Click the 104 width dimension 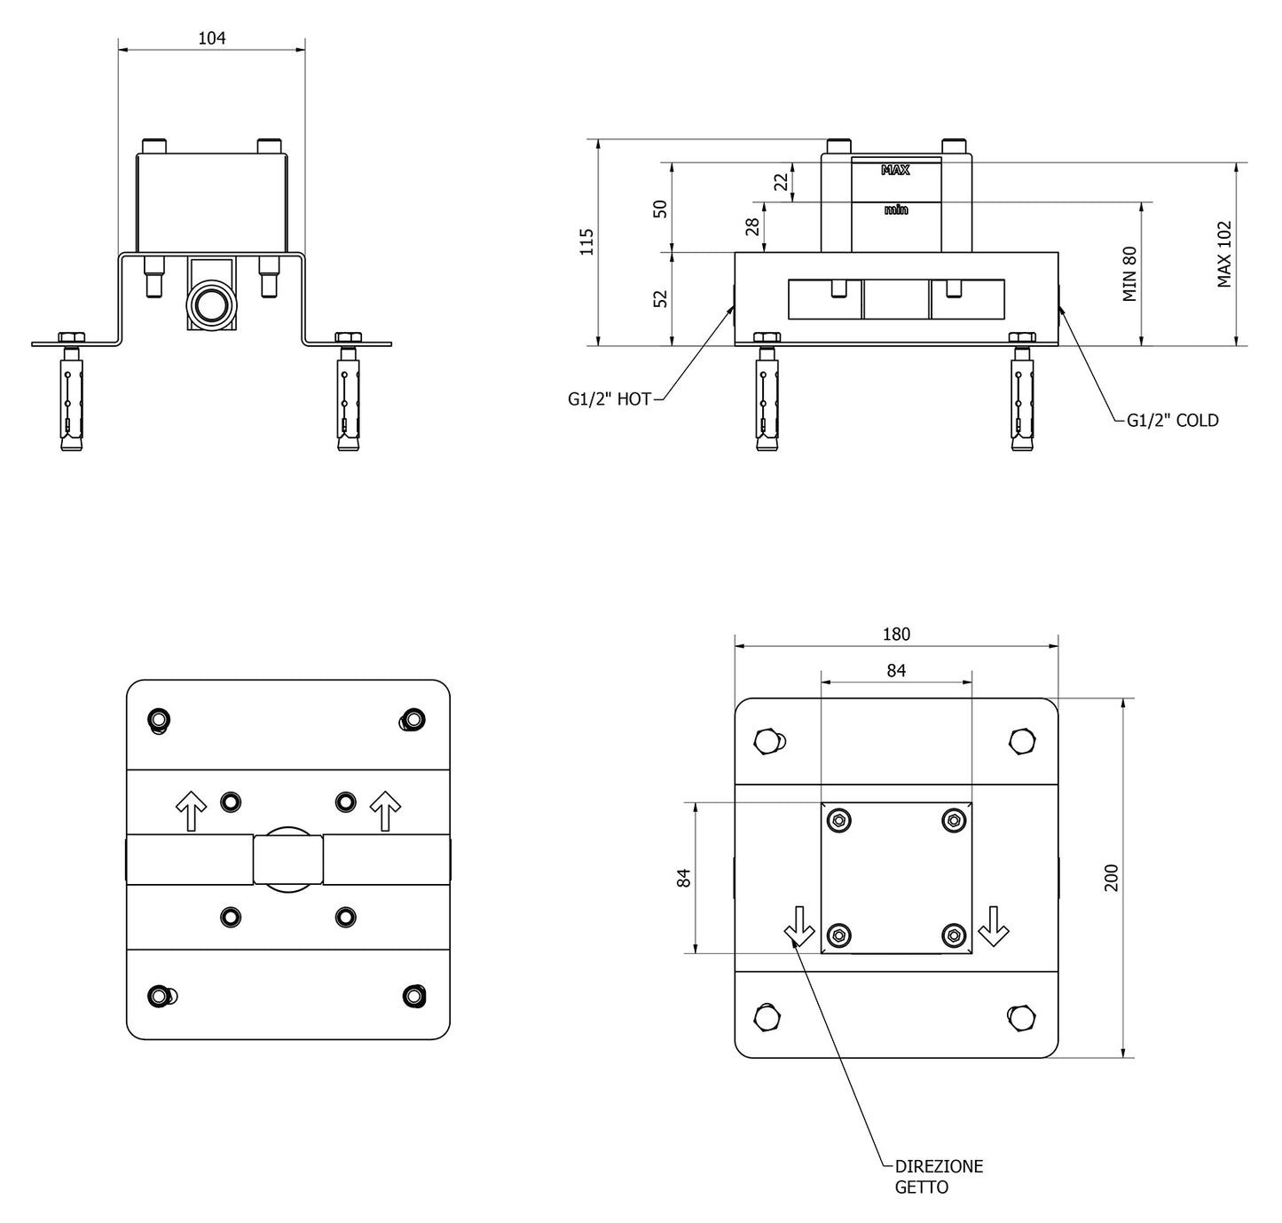tap(212, 38)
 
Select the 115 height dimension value tap(586, 241)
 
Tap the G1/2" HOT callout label tap(610, 399)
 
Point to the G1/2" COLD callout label tap(1172, 421)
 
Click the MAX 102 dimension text tap(1224, 254)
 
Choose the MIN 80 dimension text tap(1129, 274)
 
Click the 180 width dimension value tap(896, 635)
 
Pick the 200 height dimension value tap(1112, 877)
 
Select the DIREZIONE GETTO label tap(938, 1176)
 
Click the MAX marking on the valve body tap(895, 170)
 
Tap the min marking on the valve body tap(896, 210)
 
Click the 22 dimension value tap(781, 182)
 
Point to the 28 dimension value tap(753, 226)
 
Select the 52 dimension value tap(660, 299)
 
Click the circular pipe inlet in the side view tap(212, 304)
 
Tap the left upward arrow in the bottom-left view tap(191, 811)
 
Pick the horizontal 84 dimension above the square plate tap(896, 671)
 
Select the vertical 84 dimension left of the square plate tap(683, 878)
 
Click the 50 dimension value tap(660, 209)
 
